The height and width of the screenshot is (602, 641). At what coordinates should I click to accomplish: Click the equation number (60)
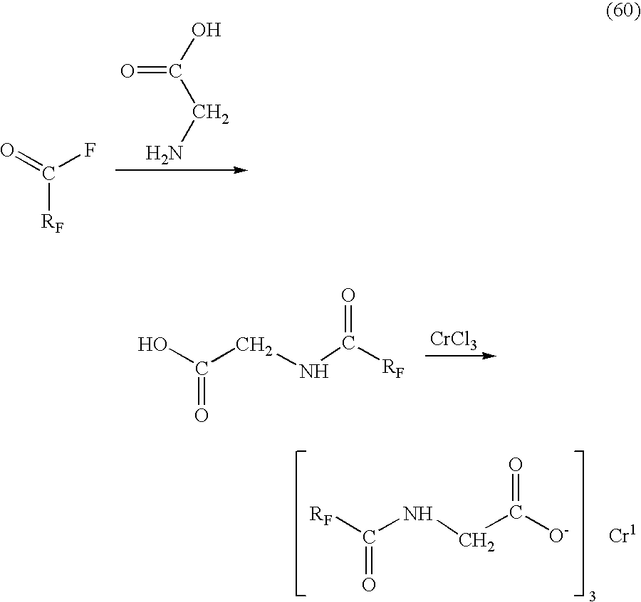[x=623, y=12]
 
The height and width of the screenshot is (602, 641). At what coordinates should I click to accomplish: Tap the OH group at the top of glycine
[x=207, y=30]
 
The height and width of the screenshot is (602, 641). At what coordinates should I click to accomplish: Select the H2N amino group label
[x=164, y=154]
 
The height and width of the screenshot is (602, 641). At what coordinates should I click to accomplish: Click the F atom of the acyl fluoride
[x=90, y=151]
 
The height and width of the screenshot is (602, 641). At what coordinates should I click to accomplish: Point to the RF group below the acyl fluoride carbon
[x=53, y=223]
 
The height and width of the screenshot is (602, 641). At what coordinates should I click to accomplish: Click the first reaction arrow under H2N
[x=182, y=170]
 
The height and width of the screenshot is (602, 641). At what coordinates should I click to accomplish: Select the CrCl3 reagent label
[x=453, y=340]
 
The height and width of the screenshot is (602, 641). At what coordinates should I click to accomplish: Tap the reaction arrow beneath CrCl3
[x=461, y=356]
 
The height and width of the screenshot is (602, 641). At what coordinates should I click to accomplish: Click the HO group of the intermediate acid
[x=152, y=344]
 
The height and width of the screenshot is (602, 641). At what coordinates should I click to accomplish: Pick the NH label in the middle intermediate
[x=314, y=371]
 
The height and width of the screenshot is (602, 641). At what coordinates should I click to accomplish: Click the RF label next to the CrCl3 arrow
[x=393, y=369]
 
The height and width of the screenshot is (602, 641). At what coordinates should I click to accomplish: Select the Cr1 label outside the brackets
[x=622, y=534]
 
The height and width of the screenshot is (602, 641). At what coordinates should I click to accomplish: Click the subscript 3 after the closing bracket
[x=592, y=596]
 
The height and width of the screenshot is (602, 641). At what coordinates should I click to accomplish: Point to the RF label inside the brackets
[x=320, y=516]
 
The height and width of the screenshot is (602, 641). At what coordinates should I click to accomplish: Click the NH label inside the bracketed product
[x=417, y=514]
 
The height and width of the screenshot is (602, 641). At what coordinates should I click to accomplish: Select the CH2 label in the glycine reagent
[x=211, y=113]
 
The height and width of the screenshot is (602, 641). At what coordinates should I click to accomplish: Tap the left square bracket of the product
[x=297, y=523]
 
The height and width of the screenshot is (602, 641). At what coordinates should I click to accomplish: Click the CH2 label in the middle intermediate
[x=254, y=346]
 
